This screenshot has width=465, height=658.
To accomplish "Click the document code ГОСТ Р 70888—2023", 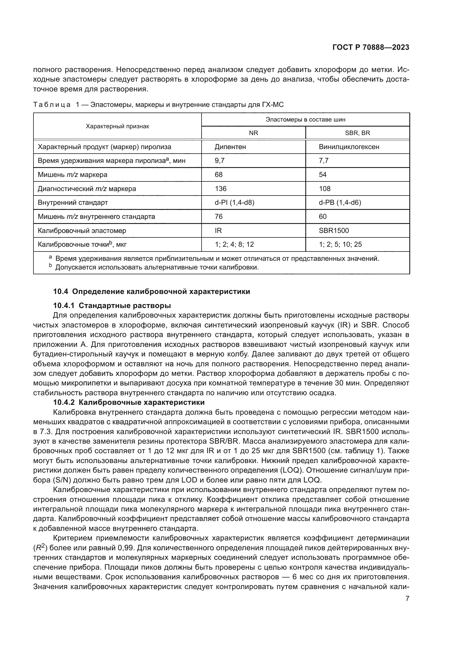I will [x=371, y=48].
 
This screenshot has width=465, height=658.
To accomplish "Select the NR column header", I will [x=253, y=133].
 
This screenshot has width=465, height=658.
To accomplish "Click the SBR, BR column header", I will [x=357, y=133].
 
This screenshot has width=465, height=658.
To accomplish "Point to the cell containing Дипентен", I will [x=230, y=147].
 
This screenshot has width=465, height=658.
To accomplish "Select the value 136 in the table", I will [x=220, y=189].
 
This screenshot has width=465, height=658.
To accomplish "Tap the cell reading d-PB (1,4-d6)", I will [x=340, y=203].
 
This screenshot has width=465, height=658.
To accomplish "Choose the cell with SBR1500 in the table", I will [x=334, y=231].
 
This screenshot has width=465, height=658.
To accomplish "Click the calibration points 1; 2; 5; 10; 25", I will [x=340, y=244].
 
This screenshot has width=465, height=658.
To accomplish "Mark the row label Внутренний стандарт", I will [x=73, y=203].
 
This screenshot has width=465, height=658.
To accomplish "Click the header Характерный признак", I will [x=118, y=126].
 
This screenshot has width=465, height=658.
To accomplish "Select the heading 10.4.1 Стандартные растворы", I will [x=112, y=306].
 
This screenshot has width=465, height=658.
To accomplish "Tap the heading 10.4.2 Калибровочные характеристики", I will [x=129, y=402].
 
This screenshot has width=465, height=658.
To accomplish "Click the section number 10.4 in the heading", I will [x=60, y=292].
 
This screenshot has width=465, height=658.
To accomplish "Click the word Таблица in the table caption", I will [x=52, y=105].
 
